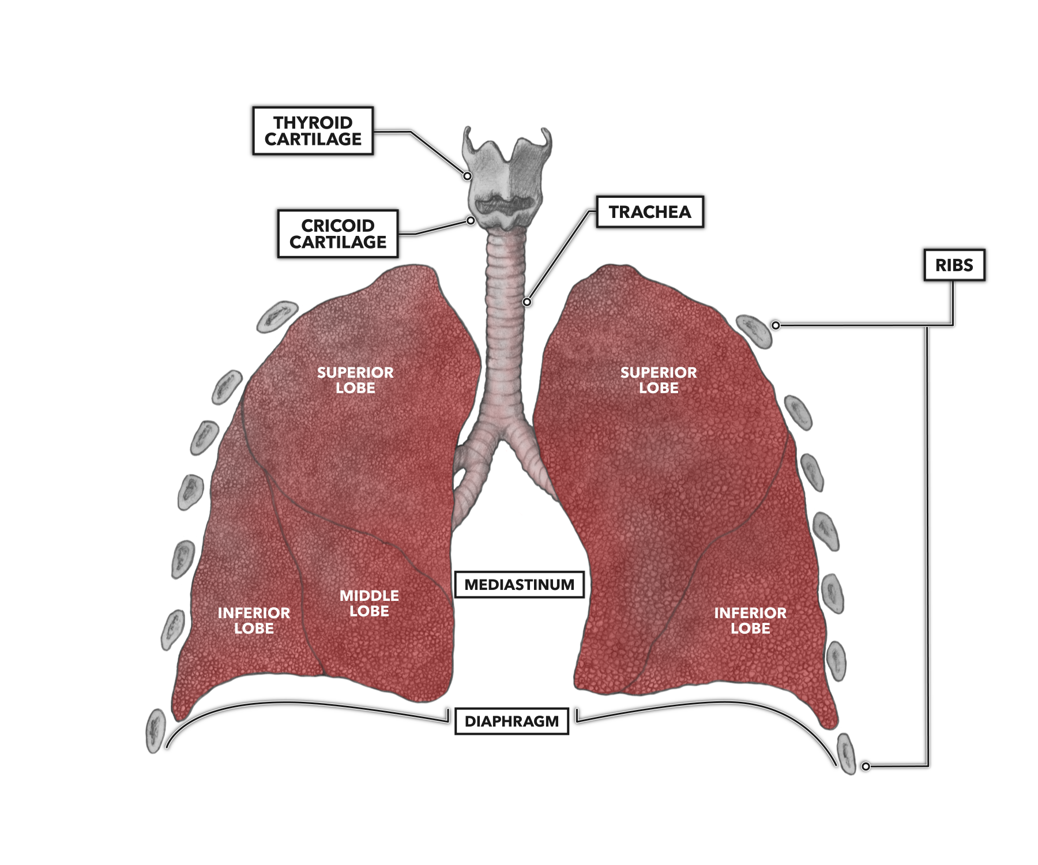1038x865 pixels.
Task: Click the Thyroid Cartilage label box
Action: point(313,131)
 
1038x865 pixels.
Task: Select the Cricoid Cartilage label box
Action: point(338,234)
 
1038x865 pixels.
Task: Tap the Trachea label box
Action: point(650,212)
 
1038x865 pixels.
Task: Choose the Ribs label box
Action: point(954,265)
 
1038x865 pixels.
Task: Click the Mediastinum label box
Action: point(519,585)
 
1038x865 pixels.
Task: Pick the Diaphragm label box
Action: point(512,721)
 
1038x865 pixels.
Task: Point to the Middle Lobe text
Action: point(369,603)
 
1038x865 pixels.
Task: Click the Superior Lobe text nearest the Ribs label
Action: point(659,380)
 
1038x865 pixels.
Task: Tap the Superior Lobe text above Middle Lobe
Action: point(355,380)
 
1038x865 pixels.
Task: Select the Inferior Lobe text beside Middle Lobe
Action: point(254,620)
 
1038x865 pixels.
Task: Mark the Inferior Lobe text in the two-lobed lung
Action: point(750,620)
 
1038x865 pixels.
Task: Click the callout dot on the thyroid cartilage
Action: point(468,176)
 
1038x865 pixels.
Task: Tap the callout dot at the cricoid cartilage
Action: point(471,220)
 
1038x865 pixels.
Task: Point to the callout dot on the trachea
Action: point(526,302)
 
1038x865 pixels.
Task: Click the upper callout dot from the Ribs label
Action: point(776,325)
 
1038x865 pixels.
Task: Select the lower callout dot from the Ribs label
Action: point(866,766)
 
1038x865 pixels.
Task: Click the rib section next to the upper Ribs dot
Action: point(754,332)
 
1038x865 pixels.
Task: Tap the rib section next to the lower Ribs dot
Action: point(846,754)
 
